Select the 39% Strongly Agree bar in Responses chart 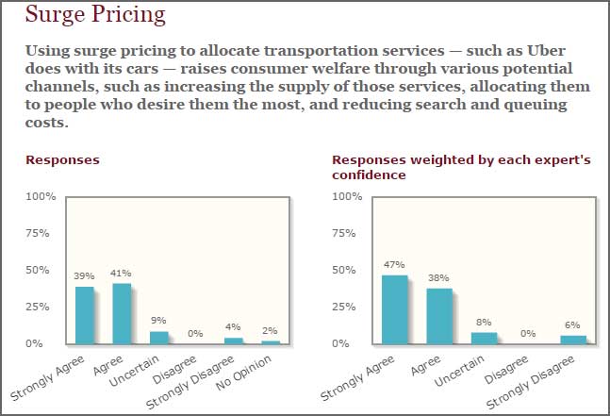coord(85,315)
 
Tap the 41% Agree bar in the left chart coord(122,314)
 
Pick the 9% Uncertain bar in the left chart coord(159,338)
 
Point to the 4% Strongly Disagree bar coord(233,341)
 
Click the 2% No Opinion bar coord(271,342)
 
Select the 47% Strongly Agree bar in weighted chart coord(394,309)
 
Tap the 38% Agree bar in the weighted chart coord(438,316)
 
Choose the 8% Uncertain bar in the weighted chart coord(484,339)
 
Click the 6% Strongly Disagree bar coord(573,340)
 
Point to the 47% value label coord(394,265)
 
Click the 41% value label coord(122,274)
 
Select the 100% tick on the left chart coord(41,196)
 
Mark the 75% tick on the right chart coord(349,233)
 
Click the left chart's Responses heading coord(62,160)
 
